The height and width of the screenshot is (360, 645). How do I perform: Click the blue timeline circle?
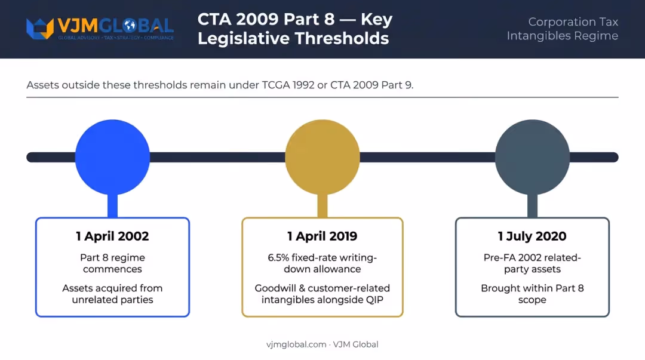112,157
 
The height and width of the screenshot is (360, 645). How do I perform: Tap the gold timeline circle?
322,157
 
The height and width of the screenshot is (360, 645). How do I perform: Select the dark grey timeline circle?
532,157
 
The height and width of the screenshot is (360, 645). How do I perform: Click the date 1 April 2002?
112,236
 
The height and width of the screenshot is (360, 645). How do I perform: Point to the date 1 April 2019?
322,236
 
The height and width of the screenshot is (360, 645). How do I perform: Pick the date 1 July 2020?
532,236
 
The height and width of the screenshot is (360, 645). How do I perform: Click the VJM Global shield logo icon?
40,29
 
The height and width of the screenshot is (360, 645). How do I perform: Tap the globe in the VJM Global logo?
130,26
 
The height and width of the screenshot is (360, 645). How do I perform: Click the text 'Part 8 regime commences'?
112,263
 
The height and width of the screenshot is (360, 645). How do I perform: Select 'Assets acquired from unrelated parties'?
112,294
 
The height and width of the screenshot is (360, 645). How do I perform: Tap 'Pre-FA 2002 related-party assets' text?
532,263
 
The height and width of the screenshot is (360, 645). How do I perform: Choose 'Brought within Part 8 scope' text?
532,294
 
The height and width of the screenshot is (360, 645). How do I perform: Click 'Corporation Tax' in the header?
573,22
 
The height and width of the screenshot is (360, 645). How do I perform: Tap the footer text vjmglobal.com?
296,344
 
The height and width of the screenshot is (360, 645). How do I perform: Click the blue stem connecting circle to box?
112,206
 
